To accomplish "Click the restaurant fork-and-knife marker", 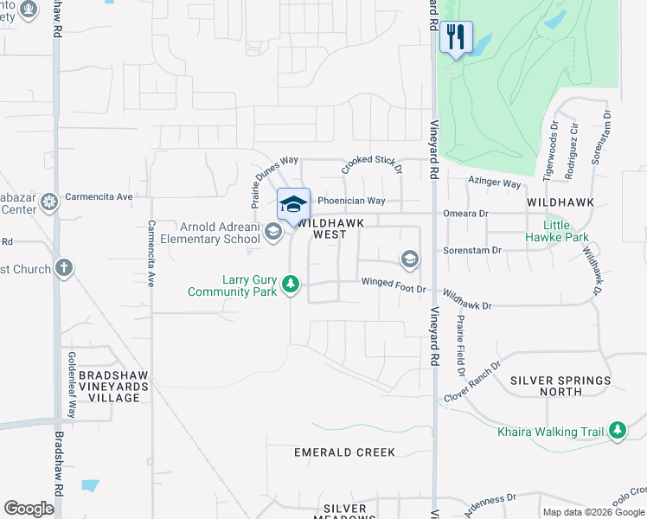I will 456,37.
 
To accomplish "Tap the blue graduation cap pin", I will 293,204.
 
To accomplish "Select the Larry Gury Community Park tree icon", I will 291,284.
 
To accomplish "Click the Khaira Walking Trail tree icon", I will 617,430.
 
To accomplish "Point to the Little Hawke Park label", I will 567,231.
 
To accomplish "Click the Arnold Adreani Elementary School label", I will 220,233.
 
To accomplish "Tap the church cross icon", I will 63,268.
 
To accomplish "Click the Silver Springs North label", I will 560,386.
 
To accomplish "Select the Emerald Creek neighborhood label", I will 344,452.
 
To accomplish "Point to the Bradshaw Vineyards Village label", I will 109,387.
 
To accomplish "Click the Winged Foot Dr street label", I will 394,281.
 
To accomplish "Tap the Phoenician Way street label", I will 351,200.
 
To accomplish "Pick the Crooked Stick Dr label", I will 372,164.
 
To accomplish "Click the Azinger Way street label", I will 495,183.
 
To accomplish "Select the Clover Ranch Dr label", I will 472,381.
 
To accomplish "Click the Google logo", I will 29,509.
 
